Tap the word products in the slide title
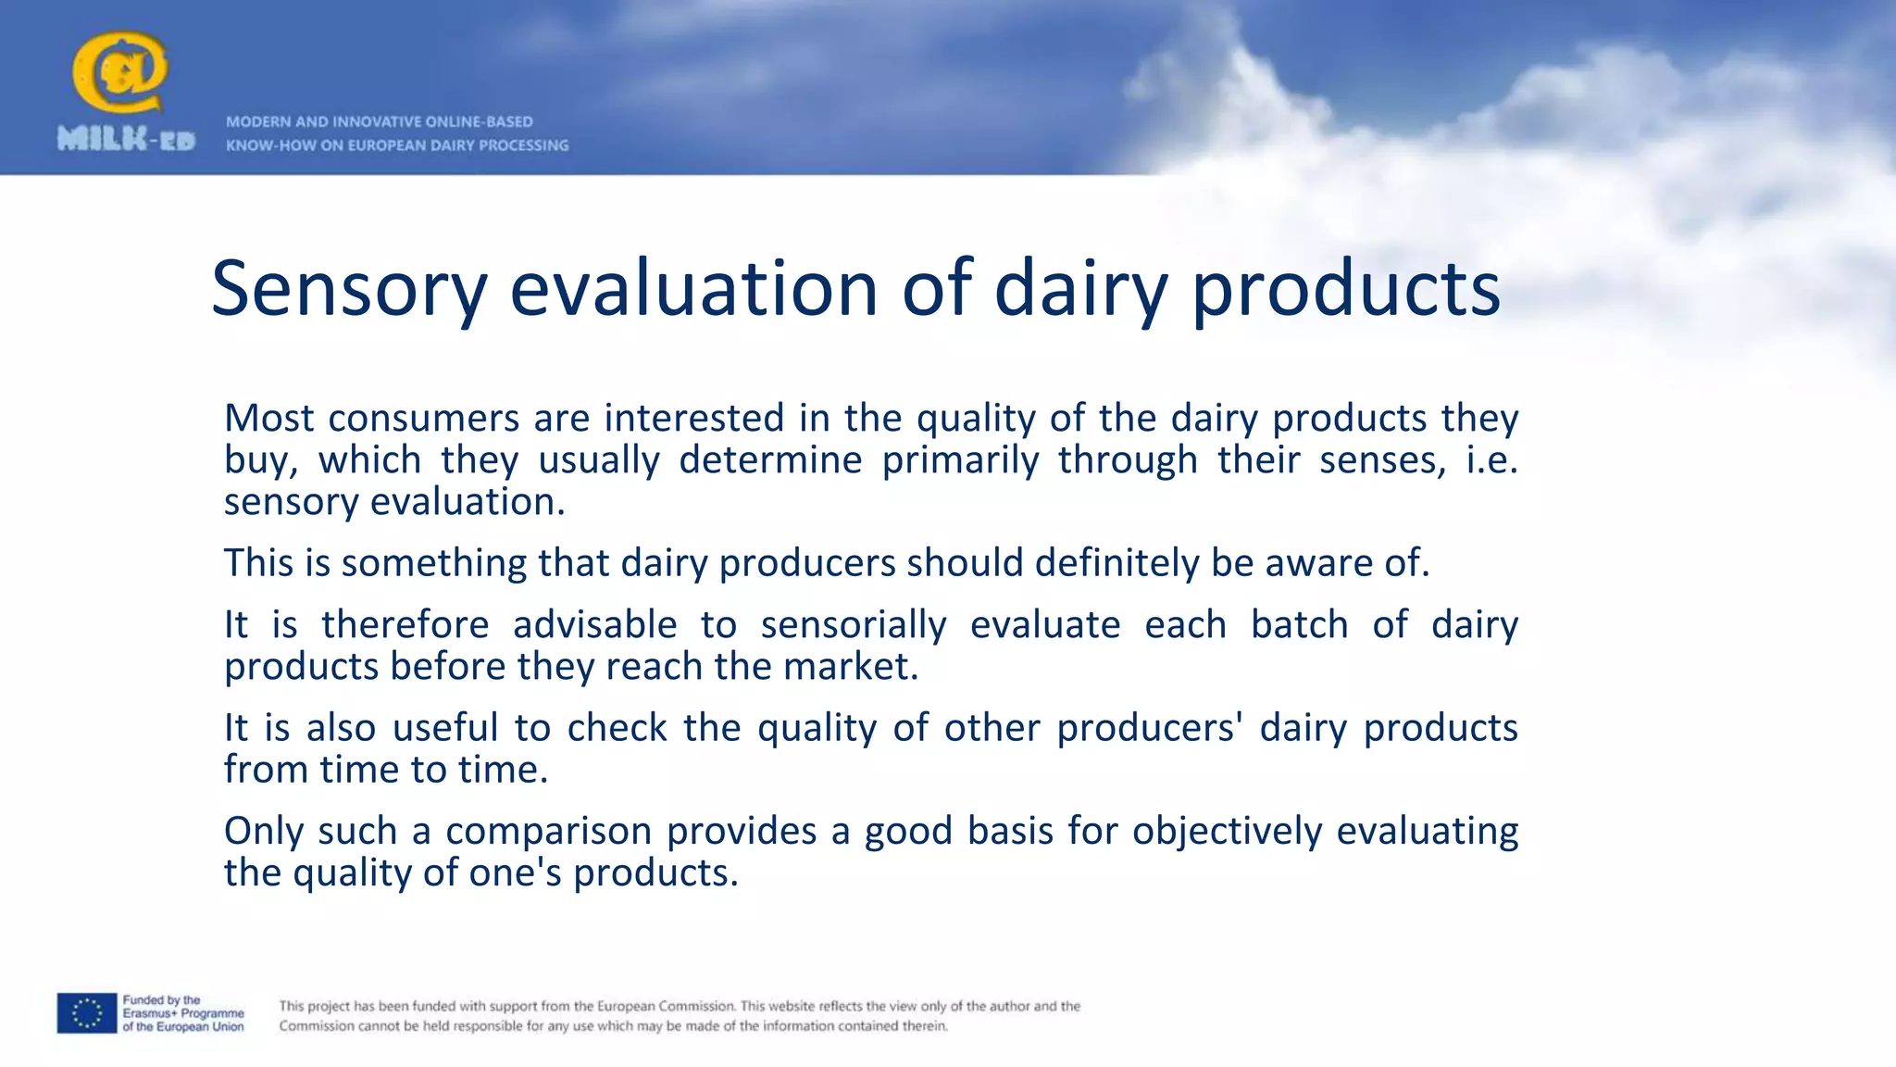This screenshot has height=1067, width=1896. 1345,289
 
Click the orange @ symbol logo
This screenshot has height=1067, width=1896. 119,72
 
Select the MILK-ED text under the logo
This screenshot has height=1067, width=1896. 126,140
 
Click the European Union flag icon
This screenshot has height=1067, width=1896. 87,1013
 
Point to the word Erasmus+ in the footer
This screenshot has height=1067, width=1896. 150,1013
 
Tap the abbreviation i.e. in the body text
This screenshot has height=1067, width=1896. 1491,459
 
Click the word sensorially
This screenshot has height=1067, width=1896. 854,625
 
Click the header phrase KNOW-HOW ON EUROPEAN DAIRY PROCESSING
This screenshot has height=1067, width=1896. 397,145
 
